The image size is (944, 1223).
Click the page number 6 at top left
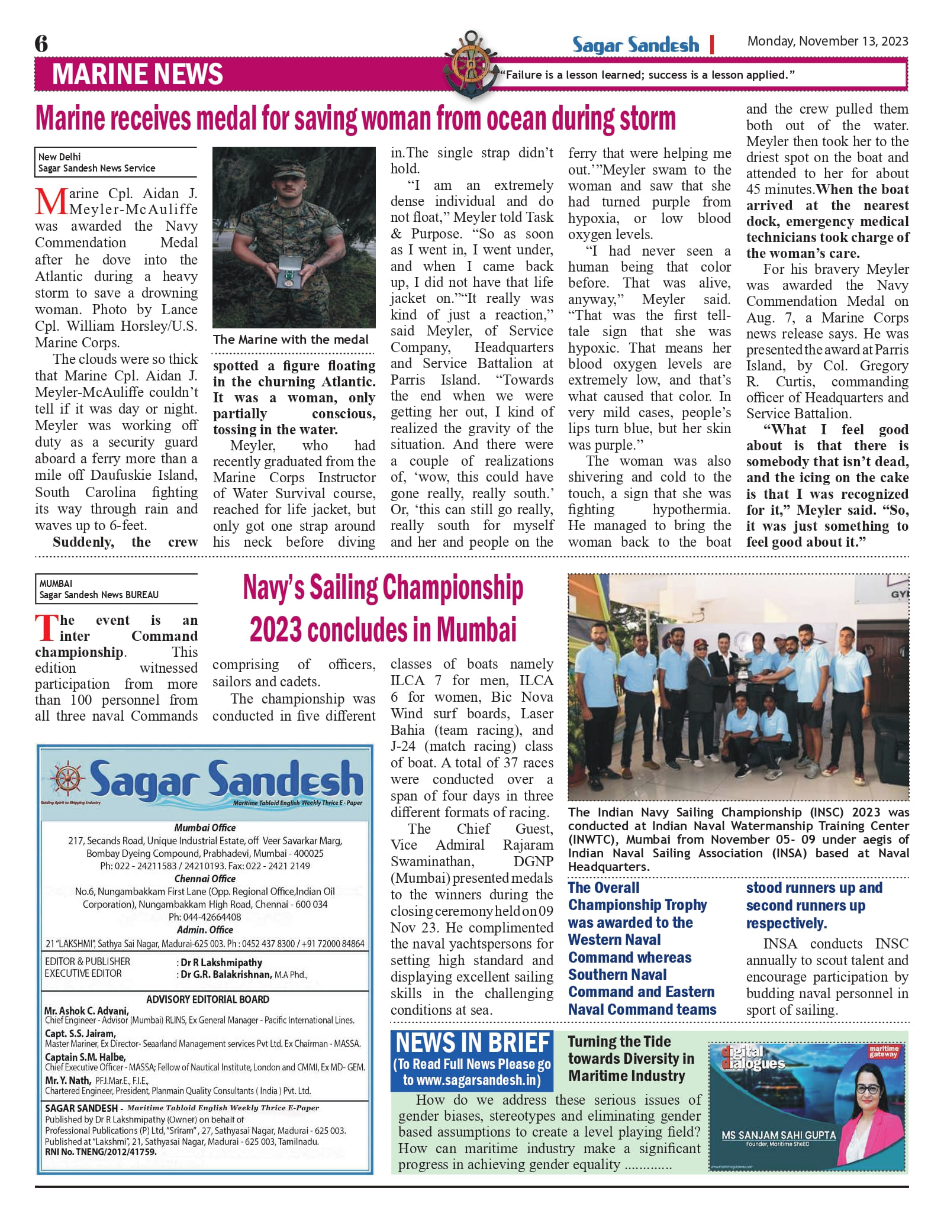click(41, 44)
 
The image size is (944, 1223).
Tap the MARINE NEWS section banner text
click(137, 75)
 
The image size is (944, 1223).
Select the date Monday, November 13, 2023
click(827, 41)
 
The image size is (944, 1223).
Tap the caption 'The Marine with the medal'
click(291, 340)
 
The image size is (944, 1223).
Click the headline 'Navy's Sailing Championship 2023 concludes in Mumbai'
click(383, 608)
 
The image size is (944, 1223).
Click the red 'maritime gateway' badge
click(883, 1051)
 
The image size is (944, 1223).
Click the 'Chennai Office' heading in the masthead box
click(205, 879)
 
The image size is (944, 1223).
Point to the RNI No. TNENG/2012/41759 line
click(101, 1152)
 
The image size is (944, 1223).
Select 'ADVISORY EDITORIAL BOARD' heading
click(208, 999)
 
